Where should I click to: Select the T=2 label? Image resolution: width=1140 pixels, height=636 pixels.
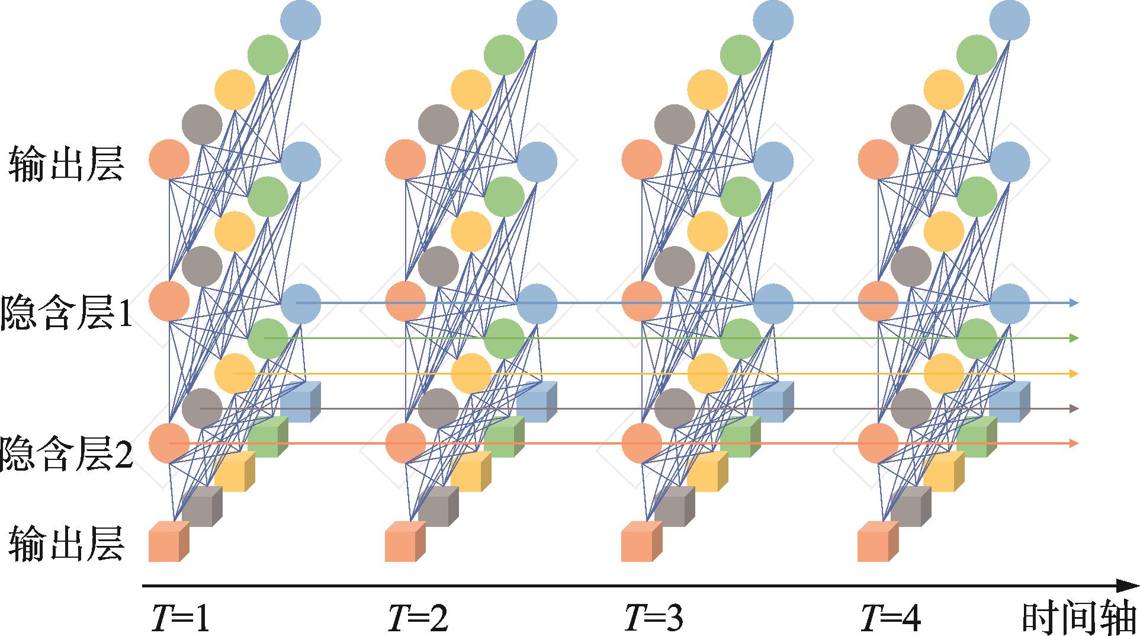click(418, 619)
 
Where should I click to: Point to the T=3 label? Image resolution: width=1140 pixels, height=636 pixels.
click(654, 619)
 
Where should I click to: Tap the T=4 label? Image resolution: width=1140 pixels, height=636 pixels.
click(890, 619)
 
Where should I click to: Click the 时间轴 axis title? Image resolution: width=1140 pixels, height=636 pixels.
click(1079, 619)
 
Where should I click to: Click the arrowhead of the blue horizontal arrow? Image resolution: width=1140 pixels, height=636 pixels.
click(1074, 303)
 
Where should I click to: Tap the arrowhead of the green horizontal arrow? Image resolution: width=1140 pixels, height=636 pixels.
click(1074, 338)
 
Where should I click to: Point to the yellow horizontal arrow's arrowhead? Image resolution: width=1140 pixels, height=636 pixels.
click(1074, 373)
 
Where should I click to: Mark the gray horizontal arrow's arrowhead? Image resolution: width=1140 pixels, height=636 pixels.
click(1074, 408)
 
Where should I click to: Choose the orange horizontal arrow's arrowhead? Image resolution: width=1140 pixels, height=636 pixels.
click(1074, 443)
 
